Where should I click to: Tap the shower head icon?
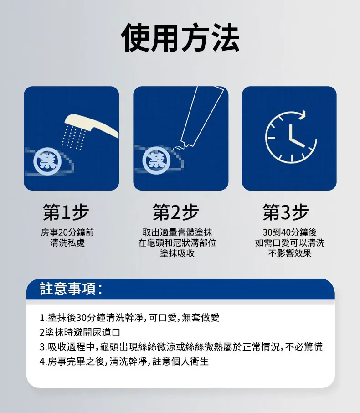(x=91, y=125)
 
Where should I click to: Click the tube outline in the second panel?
(x=201, y=116)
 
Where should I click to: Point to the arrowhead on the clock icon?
(x=303, y=114)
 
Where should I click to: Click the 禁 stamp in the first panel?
(x=48, y=162)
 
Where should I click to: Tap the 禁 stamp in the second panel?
(x=156, y=160)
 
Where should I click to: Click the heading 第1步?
(x=66, y=212)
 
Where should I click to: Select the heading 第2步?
(x=175, y=212)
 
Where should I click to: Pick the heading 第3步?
(x=285, y=212)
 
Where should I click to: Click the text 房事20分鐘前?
(x=67, y=232)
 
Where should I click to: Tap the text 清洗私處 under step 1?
(x=67, y=243)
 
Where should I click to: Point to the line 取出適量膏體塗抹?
(x=177, y=232)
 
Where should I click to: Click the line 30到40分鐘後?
(x=290, y=232)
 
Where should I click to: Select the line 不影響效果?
(x=290, y=253)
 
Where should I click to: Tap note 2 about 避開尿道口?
(x=80, y=332)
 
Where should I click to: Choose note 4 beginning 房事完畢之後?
(x=124, y=361)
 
